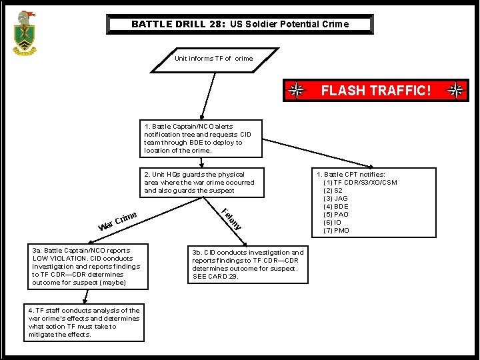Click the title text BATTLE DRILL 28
tap(178, 24)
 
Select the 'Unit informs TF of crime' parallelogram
tap(213, 59)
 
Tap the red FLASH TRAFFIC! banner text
tap(376, 91)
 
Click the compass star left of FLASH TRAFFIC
tap(297, 91)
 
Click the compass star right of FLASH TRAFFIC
tap(457, 91)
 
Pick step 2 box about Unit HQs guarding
tap(199, 182)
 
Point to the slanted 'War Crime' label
tap(118, 221)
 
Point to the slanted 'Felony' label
tap(231, 219)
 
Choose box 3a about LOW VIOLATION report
tap(86, 267)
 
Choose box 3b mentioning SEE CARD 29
tap(247, 265)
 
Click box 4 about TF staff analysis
tap(84, 323)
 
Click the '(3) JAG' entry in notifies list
tap(336, 198)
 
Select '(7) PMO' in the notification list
tap(337, 230)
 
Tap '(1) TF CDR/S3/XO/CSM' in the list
tap(360, 182)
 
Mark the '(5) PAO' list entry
tap(336, 214)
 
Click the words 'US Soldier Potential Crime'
tap(289, 24)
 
